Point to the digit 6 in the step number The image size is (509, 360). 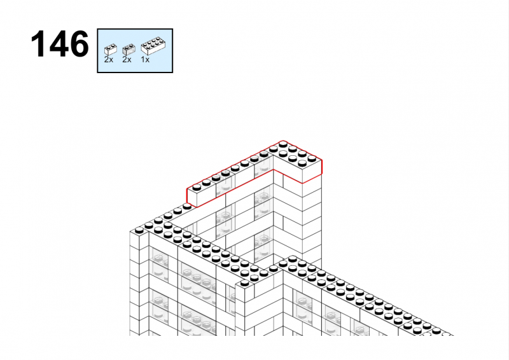pos(79,44)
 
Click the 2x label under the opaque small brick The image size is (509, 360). pos(108,60)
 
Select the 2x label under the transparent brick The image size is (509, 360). pos(127,60)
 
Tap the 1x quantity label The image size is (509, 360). pos(145,60)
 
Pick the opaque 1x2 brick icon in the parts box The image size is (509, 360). pos(110,50)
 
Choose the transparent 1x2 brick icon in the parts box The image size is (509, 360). pos(129,50)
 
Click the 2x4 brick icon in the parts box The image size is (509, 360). pos(153,46)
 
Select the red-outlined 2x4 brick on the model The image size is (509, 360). pos(296,162)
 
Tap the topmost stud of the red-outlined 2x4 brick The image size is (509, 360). pos(282,144)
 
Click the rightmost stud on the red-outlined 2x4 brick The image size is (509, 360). pos(312,159)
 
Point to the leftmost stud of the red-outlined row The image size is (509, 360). pos(197,187)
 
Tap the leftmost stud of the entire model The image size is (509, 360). pos(139,230)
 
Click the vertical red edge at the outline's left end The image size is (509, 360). pos(187,196)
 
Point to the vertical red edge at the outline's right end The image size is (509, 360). pos(322,167)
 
